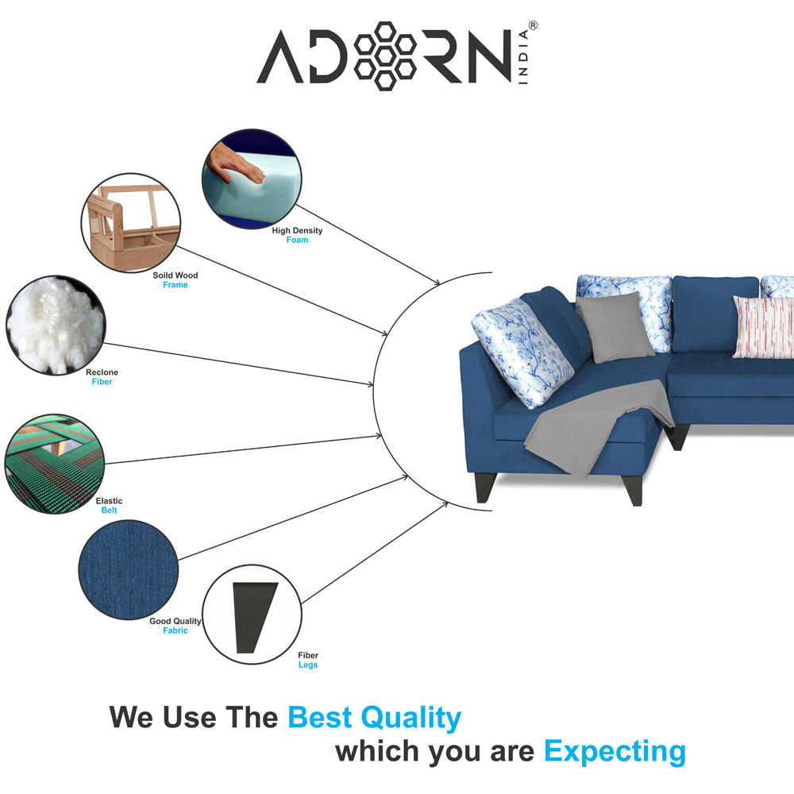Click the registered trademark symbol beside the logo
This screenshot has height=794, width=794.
coord(533,25)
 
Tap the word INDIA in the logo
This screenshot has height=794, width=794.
coord(523,56)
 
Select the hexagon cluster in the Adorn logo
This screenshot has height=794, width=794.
coord(385,56)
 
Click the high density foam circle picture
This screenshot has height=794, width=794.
coord(252,178)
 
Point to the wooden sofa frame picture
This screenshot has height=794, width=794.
coord(131,223)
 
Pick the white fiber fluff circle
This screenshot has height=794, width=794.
coord(56,325)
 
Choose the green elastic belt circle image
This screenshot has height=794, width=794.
coord(54,464)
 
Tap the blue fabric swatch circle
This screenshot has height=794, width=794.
coord(129,569)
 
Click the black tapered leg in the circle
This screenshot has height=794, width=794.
coord(253,617)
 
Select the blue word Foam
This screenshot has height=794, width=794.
coord(297,240)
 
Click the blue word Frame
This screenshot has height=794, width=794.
coord(175,285)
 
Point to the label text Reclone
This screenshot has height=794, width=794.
coord(102,372)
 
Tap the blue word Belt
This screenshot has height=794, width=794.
coord(109,511)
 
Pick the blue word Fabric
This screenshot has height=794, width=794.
coord(175,630)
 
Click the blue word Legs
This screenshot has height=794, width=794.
coord(308,665)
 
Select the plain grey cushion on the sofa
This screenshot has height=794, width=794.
coord(615,327)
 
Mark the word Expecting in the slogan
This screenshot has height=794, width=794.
coord(615,751)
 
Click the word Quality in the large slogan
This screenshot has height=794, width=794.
coord(410,718)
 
